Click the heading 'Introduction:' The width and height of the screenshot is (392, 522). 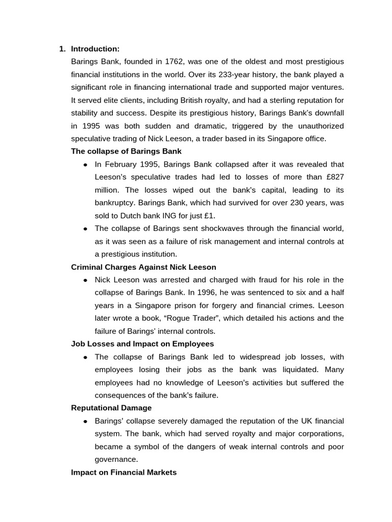point(95,49)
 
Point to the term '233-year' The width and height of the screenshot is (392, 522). point(229,74)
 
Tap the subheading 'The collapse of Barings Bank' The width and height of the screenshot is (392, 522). point(126,151)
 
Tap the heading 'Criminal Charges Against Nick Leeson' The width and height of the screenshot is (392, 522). point(143,267)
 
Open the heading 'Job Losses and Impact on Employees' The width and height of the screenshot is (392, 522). point(142,344)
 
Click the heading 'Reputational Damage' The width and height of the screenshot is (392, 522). point(111,408)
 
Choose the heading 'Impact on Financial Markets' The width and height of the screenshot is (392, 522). point(124,472)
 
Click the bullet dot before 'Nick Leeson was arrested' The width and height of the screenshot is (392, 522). point(85,280)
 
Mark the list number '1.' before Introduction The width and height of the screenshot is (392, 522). point(62,49)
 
